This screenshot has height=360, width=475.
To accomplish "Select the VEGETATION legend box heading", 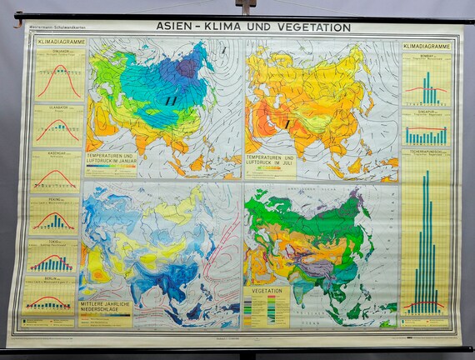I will point(266,292).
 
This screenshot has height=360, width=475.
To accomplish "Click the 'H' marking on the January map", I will point(170,100).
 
